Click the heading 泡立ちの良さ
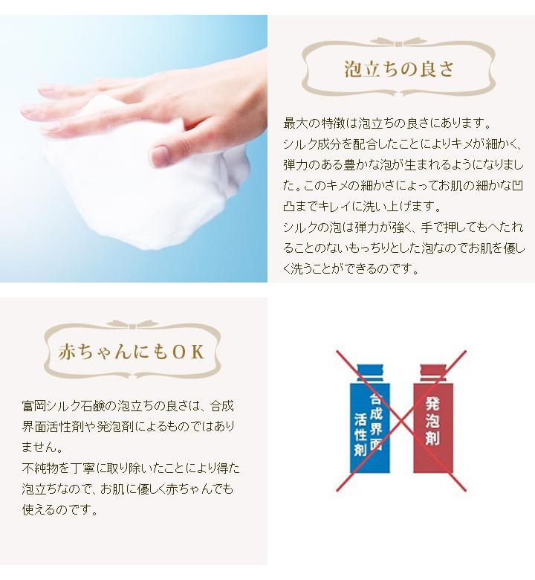point(398,69)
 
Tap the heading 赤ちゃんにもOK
point(132,352)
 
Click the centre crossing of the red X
point(401,421)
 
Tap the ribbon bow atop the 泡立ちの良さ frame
point(398,42)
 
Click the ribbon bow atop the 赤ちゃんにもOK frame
point(132,325)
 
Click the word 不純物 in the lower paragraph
point(40,468)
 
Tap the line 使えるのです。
point(60,509)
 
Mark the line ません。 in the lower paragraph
point(42,447)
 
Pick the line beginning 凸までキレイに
point(362,206)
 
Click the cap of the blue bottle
point(370,373)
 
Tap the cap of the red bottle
point(433,373)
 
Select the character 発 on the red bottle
point(432,403)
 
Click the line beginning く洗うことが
point(351,268)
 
